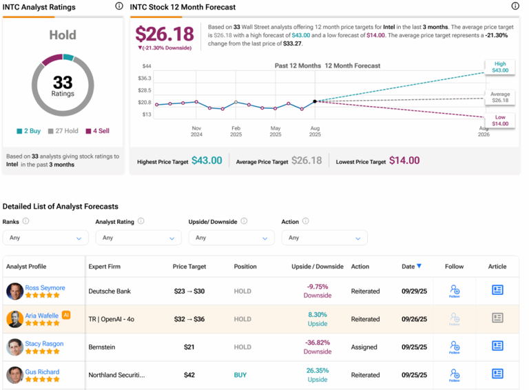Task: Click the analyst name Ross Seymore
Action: (x=45, y=287)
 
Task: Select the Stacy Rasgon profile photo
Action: (x=14, y=347)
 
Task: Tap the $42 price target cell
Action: (x=189, y=375)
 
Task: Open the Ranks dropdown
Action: (x=45, y=238)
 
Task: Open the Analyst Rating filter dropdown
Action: (x=138, y=238)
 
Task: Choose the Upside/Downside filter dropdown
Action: (x=231, y=238)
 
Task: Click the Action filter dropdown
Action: (x=324, y=238)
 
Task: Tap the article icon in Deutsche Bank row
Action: (x=497, y=290)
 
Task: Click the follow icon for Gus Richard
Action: (x=454, y=374)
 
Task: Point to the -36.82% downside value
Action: (x=318, y=342)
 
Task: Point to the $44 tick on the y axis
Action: (x=146, y=66)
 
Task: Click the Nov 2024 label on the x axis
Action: (x=196, y=131)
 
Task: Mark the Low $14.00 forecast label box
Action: (x=499, y=121)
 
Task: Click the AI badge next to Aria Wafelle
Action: (x=66, y=315)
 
